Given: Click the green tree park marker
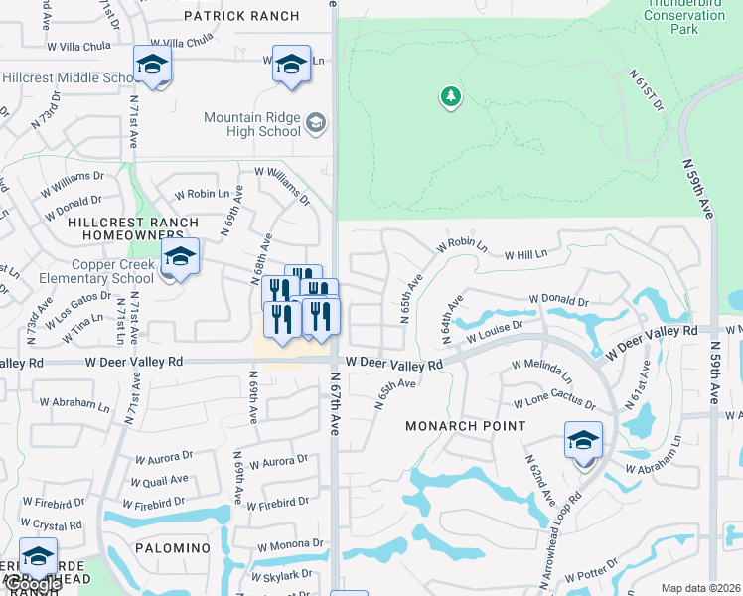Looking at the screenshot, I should (451, 96).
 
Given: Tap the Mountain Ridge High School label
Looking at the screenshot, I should (252, 124).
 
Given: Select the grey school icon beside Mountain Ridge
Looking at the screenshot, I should (316, 122).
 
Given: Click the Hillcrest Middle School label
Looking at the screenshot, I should (68, 78).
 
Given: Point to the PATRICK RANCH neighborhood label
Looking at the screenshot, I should (241, 16).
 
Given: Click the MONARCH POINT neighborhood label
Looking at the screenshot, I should (466, 426).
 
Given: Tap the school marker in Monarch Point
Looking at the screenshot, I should (583, 441).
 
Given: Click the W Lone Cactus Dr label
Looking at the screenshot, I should (554, 404).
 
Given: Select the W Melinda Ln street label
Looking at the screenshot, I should (541, 371).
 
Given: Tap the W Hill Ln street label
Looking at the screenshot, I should (525, 255).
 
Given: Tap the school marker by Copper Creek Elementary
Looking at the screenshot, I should (180, 257).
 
